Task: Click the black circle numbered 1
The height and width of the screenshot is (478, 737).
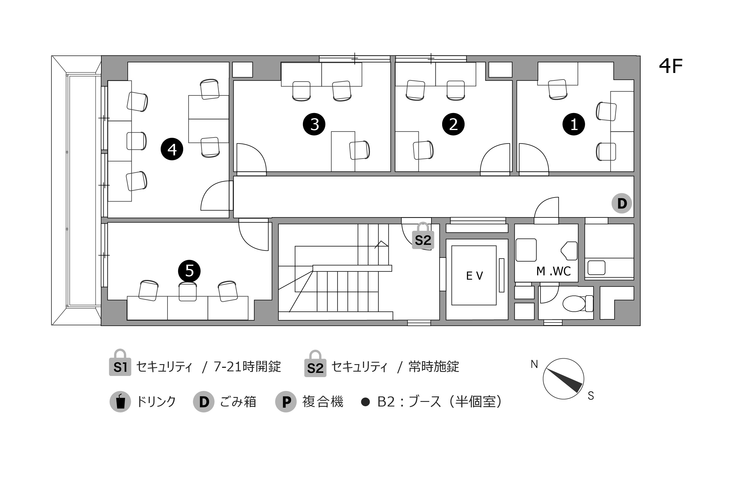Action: click(574, 124)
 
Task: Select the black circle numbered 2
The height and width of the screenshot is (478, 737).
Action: click(453, 124)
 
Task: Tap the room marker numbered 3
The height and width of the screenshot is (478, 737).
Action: click(314, 124)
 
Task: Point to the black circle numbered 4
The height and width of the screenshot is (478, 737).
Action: click(172, 149)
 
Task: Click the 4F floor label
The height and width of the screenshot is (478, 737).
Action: click(671, 66)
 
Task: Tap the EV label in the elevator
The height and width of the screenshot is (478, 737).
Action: click(474, 276)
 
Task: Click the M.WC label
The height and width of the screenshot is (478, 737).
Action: click(553, 271)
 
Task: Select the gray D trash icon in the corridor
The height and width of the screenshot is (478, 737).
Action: click(621, 203)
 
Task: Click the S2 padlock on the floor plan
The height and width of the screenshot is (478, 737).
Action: click(423, 236)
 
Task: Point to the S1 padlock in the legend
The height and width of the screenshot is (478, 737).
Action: click(120, 363)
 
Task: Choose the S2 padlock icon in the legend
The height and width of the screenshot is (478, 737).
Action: click(315, 364)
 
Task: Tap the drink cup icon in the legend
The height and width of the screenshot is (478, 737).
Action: click(120, 402)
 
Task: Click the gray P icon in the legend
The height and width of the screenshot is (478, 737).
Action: click(286, 402)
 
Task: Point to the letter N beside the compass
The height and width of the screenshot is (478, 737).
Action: click(534, 364)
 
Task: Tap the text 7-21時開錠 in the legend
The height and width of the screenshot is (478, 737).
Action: click(247, 367)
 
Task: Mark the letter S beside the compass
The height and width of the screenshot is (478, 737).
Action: click(591, 396)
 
